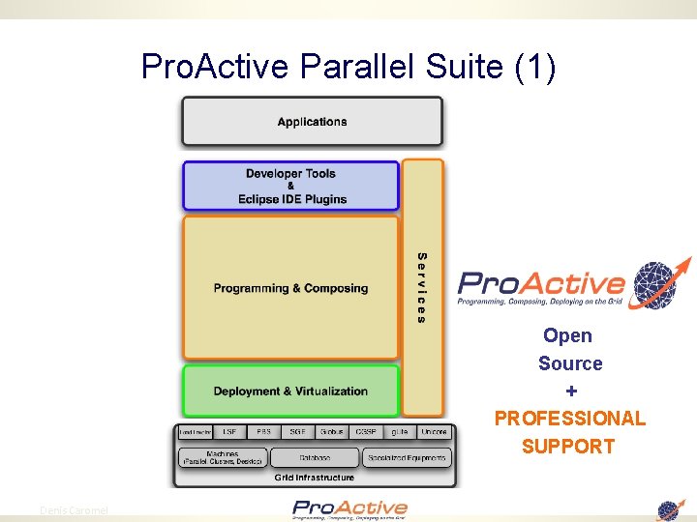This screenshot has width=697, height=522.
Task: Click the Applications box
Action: pos(312,122)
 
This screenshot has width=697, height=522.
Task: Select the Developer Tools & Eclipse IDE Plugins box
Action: pos(290,186)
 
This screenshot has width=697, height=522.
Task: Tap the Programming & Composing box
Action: pos(290,288)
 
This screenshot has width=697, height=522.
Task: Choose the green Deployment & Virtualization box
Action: pos(290,391)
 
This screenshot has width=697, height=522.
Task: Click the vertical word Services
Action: pos(422,287)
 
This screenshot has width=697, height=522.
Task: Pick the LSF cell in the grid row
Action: pos(229,432)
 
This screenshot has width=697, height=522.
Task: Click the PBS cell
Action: pos(263,432)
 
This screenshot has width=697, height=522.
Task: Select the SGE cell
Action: pos(297,432)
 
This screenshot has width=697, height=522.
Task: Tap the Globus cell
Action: pos(332,432)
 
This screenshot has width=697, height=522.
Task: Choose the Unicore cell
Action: pos(434,432)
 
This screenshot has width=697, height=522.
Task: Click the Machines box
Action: pos(222,457)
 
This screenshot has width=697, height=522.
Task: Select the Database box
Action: pos(314,457)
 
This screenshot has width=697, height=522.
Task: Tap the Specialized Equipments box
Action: pos(407,457)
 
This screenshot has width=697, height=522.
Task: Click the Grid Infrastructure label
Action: pos(314,477)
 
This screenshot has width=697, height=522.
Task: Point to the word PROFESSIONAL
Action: pos(569,419)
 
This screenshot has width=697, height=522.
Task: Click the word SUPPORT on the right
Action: pos(568,447)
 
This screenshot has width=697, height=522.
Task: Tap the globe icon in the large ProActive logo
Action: pos(654,284)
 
